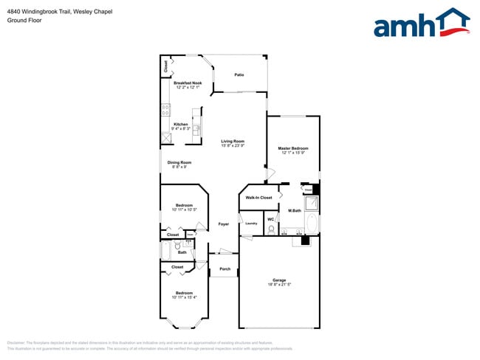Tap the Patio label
click(x=239, y=75)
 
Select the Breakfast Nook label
click(x=188, y=83)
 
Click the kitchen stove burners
click(x=165, y=110)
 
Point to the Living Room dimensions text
click(x=233, y=146)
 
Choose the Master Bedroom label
click(x=293, y=149)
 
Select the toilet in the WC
click(x=271, y=230)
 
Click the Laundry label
click(x=250, y=223)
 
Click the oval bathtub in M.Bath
click(x=312, y=224)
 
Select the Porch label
click(x=225, y=269)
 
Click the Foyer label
click(x=223, y=224)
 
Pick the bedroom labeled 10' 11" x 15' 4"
click(x=184, y=294)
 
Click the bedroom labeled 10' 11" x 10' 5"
click(x=184, y=207)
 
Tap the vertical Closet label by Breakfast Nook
click(x=165, y=66)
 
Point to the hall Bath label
click(x=182, y=252)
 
